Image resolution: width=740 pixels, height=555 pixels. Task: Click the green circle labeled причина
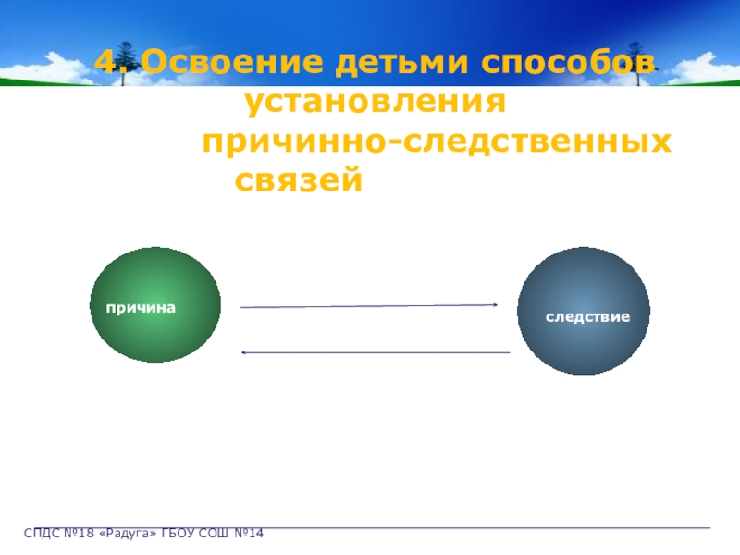click(x=156, y=304)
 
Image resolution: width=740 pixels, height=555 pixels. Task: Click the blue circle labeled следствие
click(x=584, y=312)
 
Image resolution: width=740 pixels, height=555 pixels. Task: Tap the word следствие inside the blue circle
click(x=587, y=317)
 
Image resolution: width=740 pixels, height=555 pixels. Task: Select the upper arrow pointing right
click(x=370, y=305)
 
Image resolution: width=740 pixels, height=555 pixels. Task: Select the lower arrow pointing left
click(x=375, y=352)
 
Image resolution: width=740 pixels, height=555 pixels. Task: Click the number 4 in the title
click(x=108, y=63)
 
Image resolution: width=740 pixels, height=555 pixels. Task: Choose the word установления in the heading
click(x=376, y=103)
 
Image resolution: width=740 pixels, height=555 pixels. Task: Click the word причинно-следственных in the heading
click(x=436, y=142)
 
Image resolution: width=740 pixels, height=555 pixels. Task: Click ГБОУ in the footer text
click(x=181, y=534)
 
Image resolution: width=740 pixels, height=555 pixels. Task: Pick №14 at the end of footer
click(x=249, y=534)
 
